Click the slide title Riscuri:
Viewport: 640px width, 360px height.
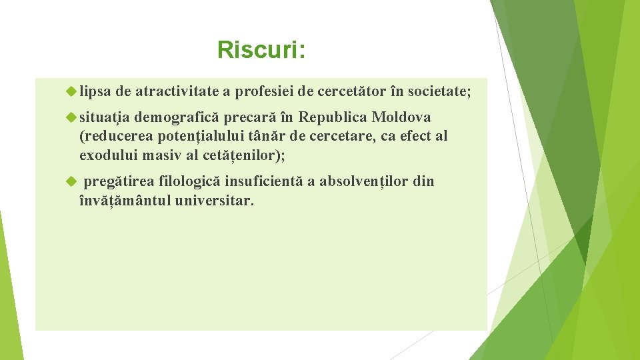(x=261, y=50)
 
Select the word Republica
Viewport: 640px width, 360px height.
(x=333, y=118)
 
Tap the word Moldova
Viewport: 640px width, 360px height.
(x=401, y=118)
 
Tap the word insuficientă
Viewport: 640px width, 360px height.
(x=263, y=182)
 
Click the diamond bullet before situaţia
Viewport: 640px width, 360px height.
(x=72, y=118)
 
